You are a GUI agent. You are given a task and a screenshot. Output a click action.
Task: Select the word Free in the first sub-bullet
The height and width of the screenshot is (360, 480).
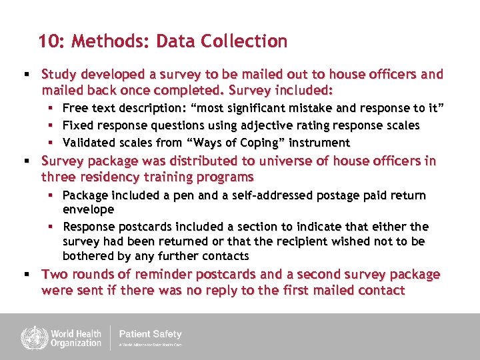pos(75,108)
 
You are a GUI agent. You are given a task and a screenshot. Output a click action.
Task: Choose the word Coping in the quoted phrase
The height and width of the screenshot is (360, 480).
pos(265,143)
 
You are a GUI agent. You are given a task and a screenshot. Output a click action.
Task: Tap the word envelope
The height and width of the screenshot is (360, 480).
pos(88,209)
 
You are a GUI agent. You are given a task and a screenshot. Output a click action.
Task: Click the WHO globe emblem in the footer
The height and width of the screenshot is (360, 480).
pos(30,337)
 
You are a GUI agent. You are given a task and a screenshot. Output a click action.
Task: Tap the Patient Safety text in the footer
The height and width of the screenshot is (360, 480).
pos(150,334)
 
